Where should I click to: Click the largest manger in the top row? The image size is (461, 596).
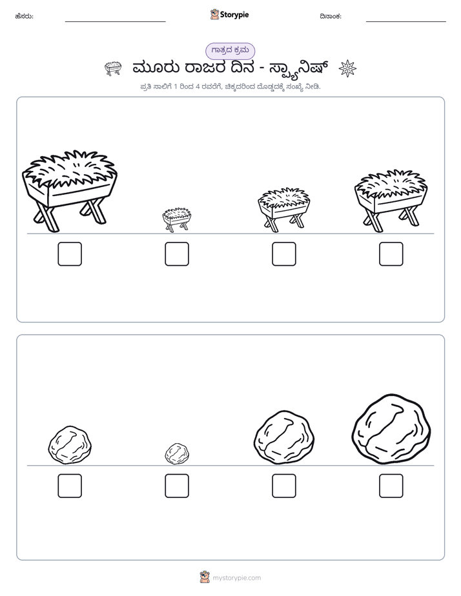(x=70, y=191)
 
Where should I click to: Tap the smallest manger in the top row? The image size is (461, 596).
(x=176, y=219)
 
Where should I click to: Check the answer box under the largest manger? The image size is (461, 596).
(x=70, y=254)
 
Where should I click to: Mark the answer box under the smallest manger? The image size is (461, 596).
(x=177, y=254)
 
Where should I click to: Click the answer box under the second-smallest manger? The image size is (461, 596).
(x=283, y=254)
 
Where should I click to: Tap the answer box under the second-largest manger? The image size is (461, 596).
(x=391, y=254)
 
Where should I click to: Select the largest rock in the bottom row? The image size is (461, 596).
(x=391, y=429)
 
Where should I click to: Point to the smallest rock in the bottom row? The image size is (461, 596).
(x=177, y=453)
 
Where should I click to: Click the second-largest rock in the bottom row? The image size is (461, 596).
(x=284, y=437)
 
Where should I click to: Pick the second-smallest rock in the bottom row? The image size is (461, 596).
(x=70, y=445)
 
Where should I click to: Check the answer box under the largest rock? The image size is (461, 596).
(x=391, y=486)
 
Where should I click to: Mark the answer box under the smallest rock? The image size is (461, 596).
(x=177, y=486)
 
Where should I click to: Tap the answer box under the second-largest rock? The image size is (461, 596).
(x=283, y=486)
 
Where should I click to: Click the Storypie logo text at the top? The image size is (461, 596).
(x=234, y=15)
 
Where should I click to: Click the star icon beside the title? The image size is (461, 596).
(x=347, y=68)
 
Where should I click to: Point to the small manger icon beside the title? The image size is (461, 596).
(x=113, y=68)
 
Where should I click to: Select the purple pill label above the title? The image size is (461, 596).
(x=230, y=51)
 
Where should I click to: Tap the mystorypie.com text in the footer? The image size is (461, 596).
(x=236, y=578)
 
